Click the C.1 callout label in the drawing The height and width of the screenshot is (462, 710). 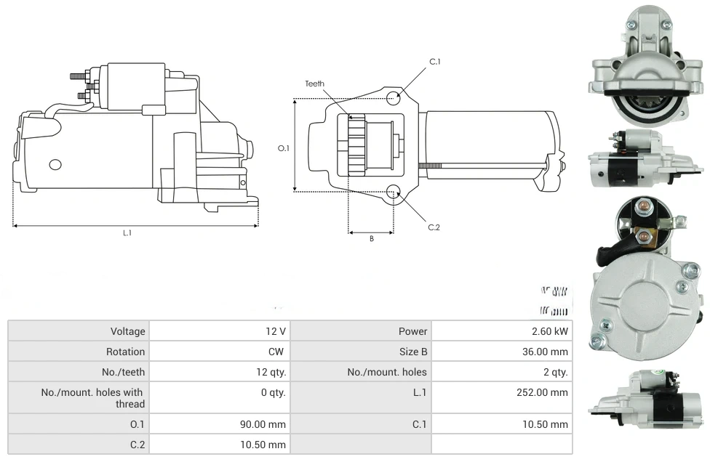(x=435, y=62)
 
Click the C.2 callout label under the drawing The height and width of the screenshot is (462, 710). (x=434, y=227)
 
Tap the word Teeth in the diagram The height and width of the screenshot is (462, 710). (x=314, y=84)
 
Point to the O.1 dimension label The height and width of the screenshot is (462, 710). (x=284, y=148)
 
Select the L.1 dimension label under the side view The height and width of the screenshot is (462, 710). (x=127, y=233)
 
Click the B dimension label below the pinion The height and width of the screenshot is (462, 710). (x=371, y=239)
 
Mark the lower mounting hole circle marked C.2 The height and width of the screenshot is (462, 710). (x=394, y=192)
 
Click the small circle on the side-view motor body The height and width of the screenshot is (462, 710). (x=55, y=164)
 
